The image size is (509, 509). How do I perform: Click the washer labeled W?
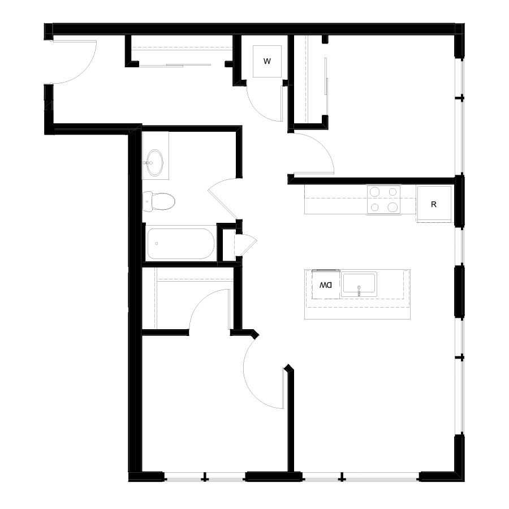[267, 61]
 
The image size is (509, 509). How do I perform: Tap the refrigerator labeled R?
[434, 204]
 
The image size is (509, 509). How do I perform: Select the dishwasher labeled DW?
[326, 284]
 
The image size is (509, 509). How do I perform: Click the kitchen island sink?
[359, 284]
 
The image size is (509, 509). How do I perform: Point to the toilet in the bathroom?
[159, 201]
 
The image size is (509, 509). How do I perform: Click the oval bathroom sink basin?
[154, 163]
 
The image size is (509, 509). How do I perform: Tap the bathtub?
[180, 243]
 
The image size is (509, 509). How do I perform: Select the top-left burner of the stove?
[375, 192]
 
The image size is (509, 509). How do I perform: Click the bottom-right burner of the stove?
[392, 207]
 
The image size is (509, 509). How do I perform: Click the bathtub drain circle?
[157, 243]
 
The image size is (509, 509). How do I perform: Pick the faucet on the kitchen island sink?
[359, 291]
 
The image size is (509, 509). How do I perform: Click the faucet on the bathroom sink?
[149, 163]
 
